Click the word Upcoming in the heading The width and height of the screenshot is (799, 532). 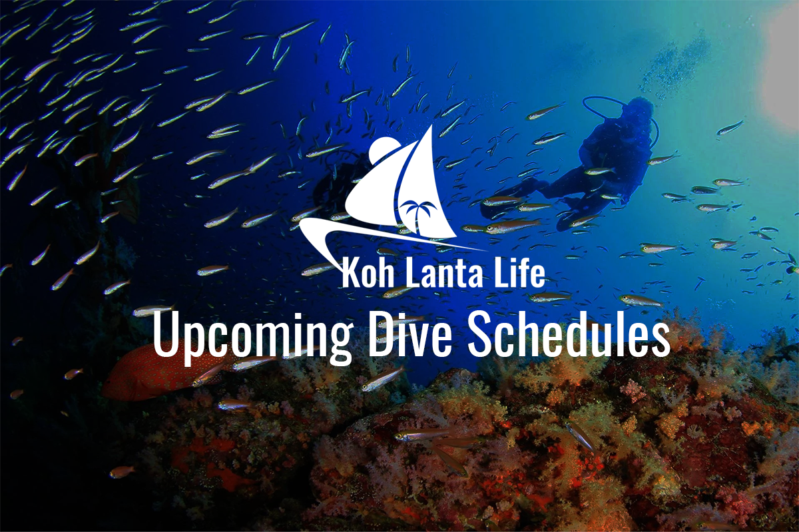[x=252, y=335]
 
